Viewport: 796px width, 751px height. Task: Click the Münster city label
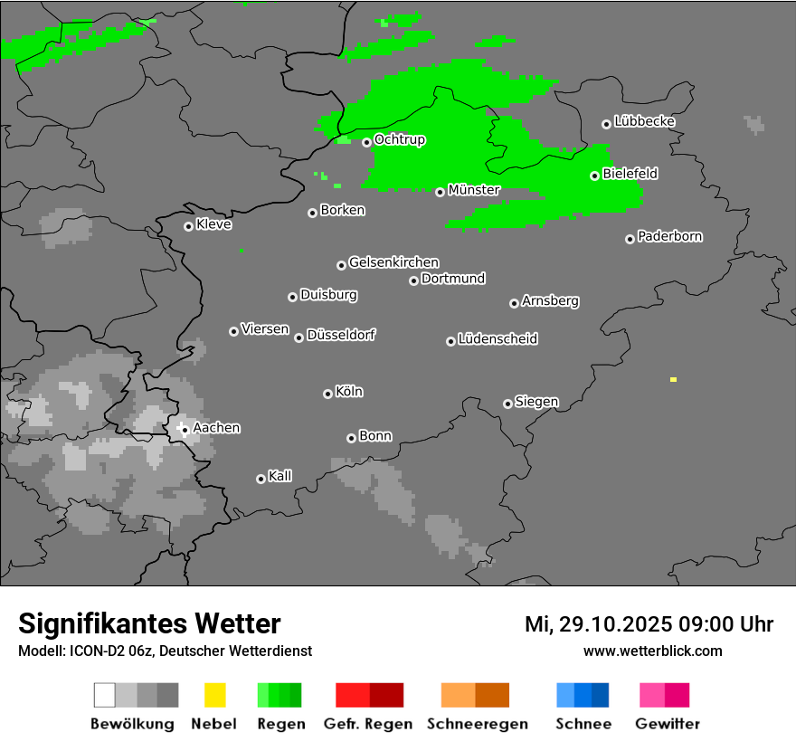[x=474, y=190]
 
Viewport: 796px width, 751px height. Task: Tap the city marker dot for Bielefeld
[x=594, y=176]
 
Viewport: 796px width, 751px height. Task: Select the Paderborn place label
[x=670, y=236]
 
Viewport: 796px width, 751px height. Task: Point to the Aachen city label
[x=216, y=427]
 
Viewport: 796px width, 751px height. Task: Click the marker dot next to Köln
[x=327, y=394]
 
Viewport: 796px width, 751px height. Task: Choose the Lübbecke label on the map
[x=645, y=121]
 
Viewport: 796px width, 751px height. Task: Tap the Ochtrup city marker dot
[x=366, y=142]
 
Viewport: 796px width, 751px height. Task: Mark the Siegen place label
[x=536, y=402]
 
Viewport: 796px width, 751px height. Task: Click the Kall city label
[x=280, y=476]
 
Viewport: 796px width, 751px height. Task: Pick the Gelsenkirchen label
[x=393, y=262]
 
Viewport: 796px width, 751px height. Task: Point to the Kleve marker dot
[x=188, y=226]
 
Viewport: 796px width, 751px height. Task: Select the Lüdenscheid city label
[x=497, y=339]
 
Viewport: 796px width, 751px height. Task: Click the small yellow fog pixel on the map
[x=673, y=379]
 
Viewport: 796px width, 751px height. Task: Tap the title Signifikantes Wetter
[x=149, y=623]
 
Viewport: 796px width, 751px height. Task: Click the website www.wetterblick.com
[x=652, y=651]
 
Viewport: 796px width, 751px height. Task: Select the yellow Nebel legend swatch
[x=214, y=695]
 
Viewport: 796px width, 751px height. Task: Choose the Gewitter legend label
[x=667, y=724]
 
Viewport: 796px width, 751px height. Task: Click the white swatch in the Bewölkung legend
[x=105, y=695]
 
